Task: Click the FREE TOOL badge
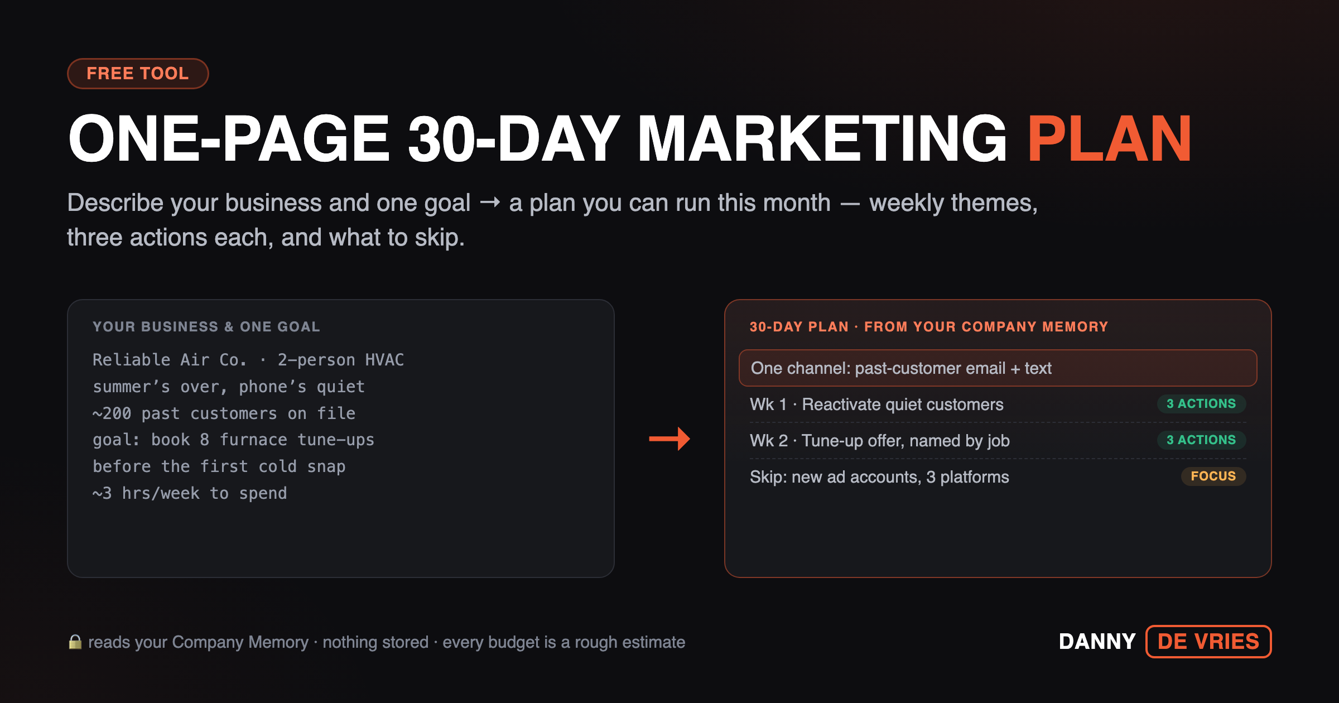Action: pyautogui.click(x=138, y=74)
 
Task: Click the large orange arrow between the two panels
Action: pyautogui.click(x=669, y=439)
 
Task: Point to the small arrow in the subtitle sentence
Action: pyautogui.click(x=490, y=203)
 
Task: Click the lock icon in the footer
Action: pyautogui.click(x=75, y=642)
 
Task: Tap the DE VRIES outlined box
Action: pyautogui.click(x=1208, y=642)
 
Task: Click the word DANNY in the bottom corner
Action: pyautogui.click(x=1097, y=642)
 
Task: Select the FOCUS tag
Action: pyautogui.click(x=1213, y=476)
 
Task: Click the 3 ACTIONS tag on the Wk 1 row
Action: pyautogui.click(x=1201, y=403)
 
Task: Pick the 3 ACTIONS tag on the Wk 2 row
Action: pyautogui.click(x=1201, y=440)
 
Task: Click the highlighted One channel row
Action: pyautogui.click(x=998, y=368)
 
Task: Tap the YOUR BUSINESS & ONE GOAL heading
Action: pyautogui.click(x=206, y=327)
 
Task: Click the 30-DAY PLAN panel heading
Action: pyautogui.click(x=929, y=327)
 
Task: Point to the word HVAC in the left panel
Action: pyautogui.click(x=384, y=360)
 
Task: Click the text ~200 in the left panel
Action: pyautogui.click(x=112, y=413)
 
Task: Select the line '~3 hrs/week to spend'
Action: pyautogui.click(x=190, y=493)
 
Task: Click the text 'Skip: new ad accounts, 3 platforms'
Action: pyautogui.click(x=879, y=477)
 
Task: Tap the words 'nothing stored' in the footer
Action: pyautogui.click(x=375, y=642)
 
